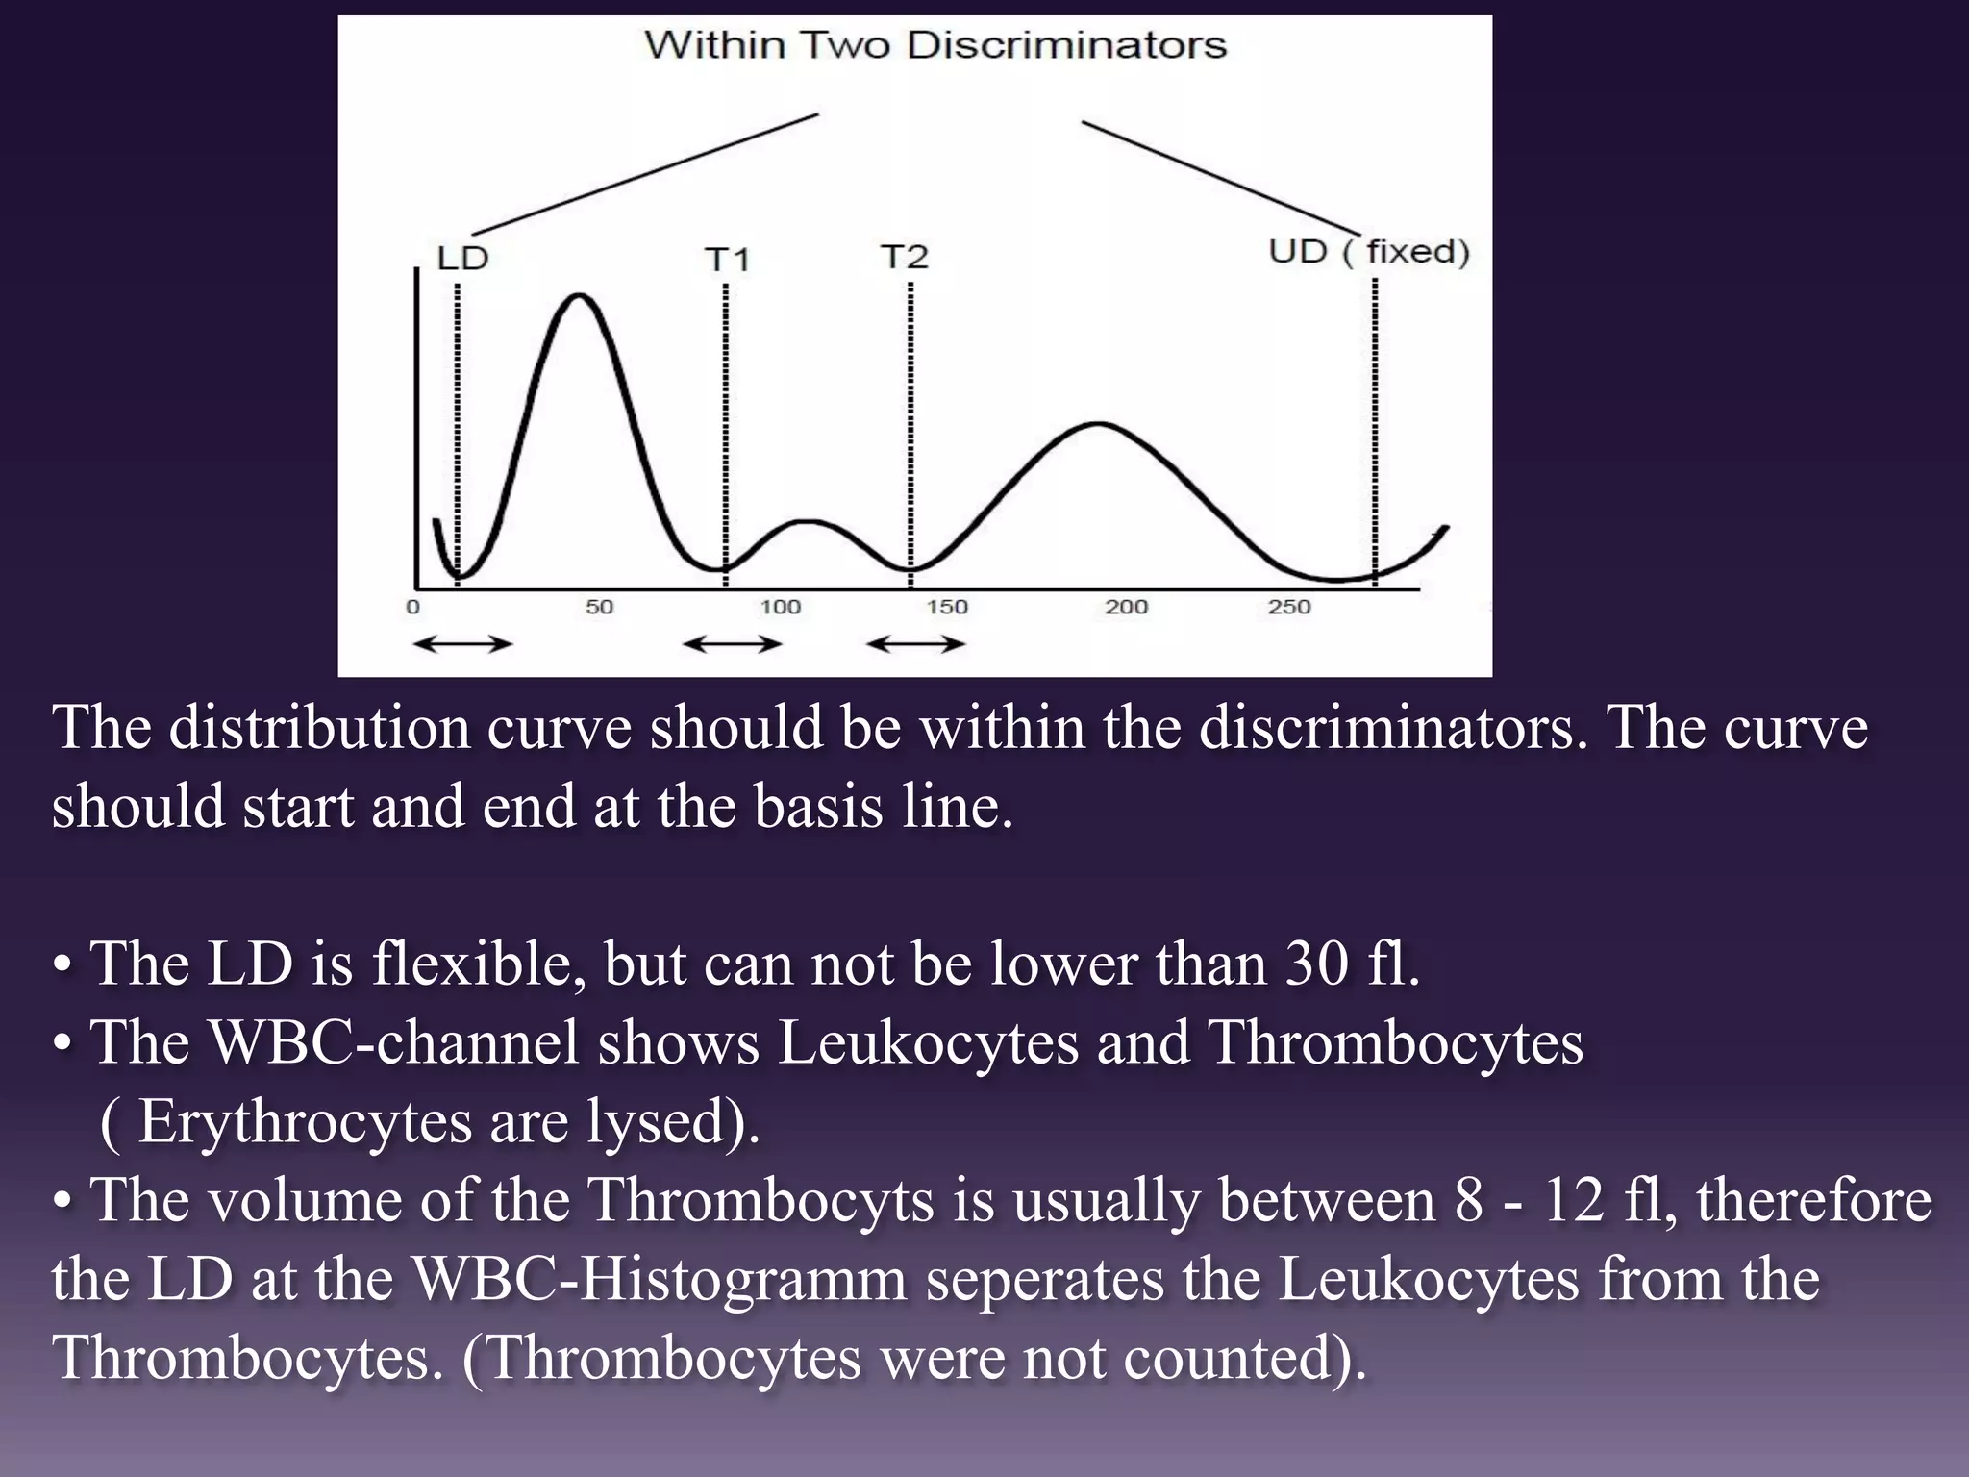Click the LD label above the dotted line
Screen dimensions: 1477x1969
click(462, 259)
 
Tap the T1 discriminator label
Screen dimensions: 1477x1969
click(727, 260)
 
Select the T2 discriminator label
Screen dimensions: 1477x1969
click(904, 257)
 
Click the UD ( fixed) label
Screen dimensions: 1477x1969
click(1368, 252)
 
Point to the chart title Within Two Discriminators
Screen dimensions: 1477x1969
click(935, 45)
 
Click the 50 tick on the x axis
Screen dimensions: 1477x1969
click(599, 607)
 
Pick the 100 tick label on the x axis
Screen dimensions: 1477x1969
click(780, 607)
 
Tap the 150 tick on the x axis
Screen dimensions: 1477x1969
click(947, 607)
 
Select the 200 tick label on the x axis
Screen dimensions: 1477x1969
click(1126, 607)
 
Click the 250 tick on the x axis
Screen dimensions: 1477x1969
click(1289, 607)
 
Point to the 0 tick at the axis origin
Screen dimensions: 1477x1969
click(413, 607)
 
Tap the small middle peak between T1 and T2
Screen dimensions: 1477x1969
click(810, 522)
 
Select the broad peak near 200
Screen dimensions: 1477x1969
click(1098, 423)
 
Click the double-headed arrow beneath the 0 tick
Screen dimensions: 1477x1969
click(462, 644)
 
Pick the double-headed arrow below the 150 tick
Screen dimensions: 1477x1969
click(915, 644)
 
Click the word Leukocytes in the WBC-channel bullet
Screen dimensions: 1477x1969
click(928, 1042)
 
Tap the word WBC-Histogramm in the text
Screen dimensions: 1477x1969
click(660, 1279)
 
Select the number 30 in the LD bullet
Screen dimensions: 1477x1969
click(1315, 964)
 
